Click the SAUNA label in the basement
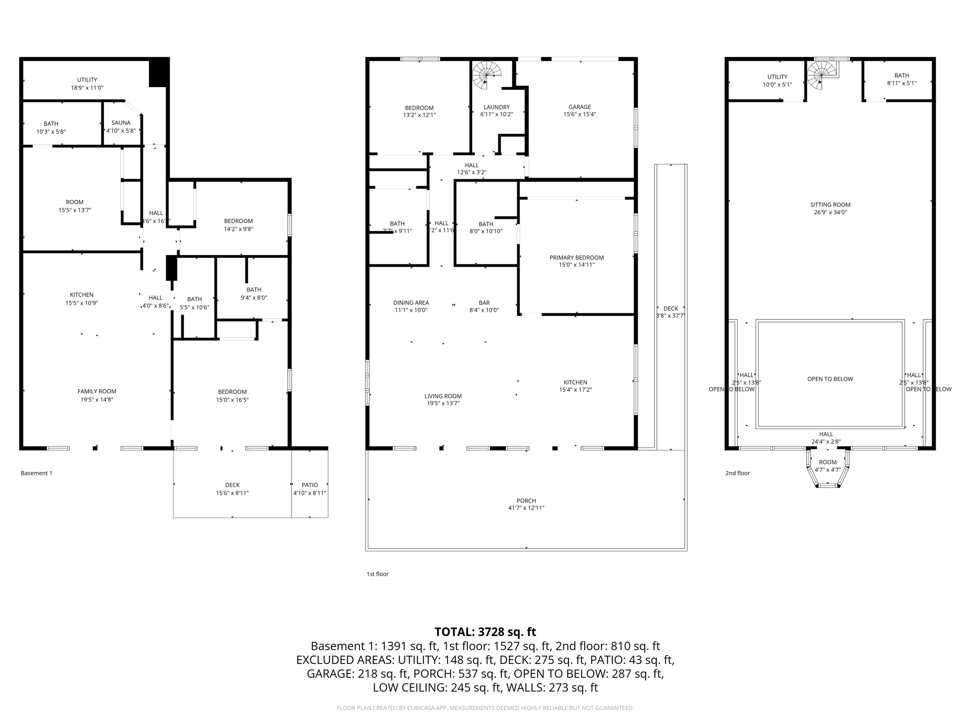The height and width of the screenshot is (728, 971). tap(121, 123)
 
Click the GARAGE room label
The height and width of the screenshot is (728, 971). tap(579, 107)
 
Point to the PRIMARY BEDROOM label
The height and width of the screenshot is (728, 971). tap(577, 258)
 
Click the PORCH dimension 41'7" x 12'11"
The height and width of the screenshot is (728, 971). tap(526, 508)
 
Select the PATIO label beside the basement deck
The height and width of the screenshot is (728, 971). tap(310, 485)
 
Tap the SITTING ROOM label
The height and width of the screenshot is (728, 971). tap(830, 205)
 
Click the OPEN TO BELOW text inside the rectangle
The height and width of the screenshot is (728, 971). tap(830, 379)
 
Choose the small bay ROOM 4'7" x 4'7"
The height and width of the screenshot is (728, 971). tap(828, 466)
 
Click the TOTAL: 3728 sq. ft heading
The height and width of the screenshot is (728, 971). tap(485, 632)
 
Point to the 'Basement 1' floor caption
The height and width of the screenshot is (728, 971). tap(37, 473)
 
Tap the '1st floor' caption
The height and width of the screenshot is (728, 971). tap(377, 574)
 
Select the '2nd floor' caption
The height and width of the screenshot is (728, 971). tap(738, 473)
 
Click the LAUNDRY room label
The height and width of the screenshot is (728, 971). tap(496, 108)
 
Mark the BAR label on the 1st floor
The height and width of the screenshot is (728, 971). tap(484, 303)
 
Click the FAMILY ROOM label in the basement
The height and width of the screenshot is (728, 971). tap(97, 391)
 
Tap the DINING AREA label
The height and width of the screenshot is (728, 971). tap(411, 303)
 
